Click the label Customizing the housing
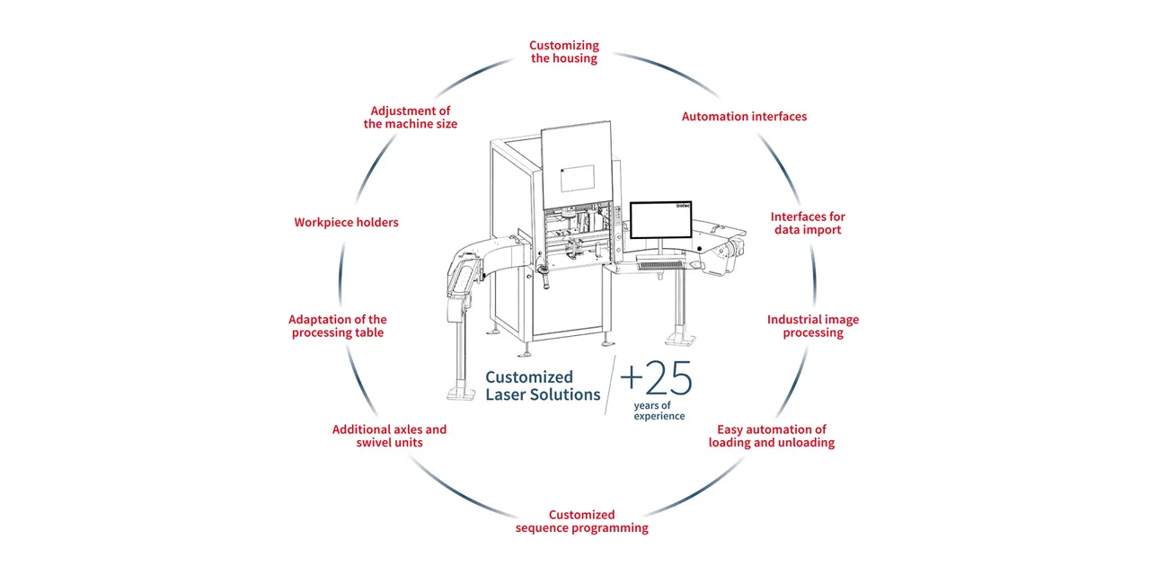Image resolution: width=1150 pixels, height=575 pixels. pyautogui.click(x=563, y=52)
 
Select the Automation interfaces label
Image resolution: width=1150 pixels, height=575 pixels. pyautogui.click(x=744, y=117)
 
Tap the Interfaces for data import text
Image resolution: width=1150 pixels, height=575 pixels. pyautogui.click(x=808, y=223)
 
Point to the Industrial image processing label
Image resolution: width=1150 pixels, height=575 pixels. pyautogui.click(x=812, y=326)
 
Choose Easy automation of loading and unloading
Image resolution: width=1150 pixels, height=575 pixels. pyautogui.click(x=771, y=436)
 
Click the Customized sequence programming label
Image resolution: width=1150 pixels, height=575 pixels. pyautogui.click(x=581, y=521)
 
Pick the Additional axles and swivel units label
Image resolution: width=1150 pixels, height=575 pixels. pyautogui.click(x=389, y=436)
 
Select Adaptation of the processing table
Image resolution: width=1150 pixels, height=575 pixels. pyautogui.click(x=337, y=326)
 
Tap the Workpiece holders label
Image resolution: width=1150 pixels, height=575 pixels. pyautogui.click(x=346, y=222)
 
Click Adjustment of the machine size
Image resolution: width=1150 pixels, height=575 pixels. pyautogui.click(x=410, y=118)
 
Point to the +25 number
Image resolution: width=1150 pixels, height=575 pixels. pyautogui.click(x=657, y=380)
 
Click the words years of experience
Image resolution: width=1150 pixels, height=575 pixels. pyautogui.click(x=659, y=411)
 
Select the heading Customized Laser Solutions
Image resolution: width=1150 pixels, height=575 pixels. pyautogui.click(x=542, y=385)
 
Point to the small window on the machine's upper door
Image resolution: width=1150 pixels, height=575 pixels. pyautogui.click(x=583, y=178)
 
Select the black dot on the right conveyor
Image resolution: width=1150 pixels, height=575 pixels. pyautogui.click(x=700, y=248)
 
